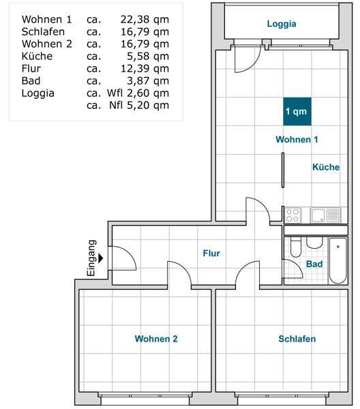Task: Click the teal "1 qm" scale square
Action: [x=296, y=111]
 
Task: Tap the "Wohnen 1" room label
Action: [x=297, y=140]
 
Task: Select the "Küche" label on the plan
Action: [x=325, y=167]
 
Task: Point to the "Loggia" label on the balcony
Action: [x=281, y=24]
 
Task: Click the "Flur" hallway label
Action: [x=211, y=254]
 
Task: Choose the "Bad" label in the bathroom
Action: [x=314, y=264]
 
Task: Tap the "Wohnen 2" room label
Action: [x=156, y=339]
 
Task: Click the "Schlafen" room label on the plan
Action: [x=297, y=339]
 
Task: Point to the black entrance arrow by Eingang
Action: [x=101, y=258]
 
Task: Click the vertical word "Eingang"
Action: [x=92, y=258]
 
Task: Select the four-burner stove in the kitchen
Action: [x=293, y=215]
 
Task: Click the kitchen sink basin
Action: [x=319, y=215]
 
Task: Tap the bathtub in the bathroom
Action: [x=337, y=262]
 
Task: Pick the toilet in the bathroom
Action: [x=295, y=247]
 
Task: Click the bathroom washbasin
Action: [x=314, y=243]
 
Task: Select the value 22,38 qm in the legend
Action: [x=145, y=19]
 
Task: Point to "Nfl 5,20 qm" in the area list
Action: [x=139, y=105]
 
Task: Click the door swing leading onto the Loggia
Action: [x=243, y=60]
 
